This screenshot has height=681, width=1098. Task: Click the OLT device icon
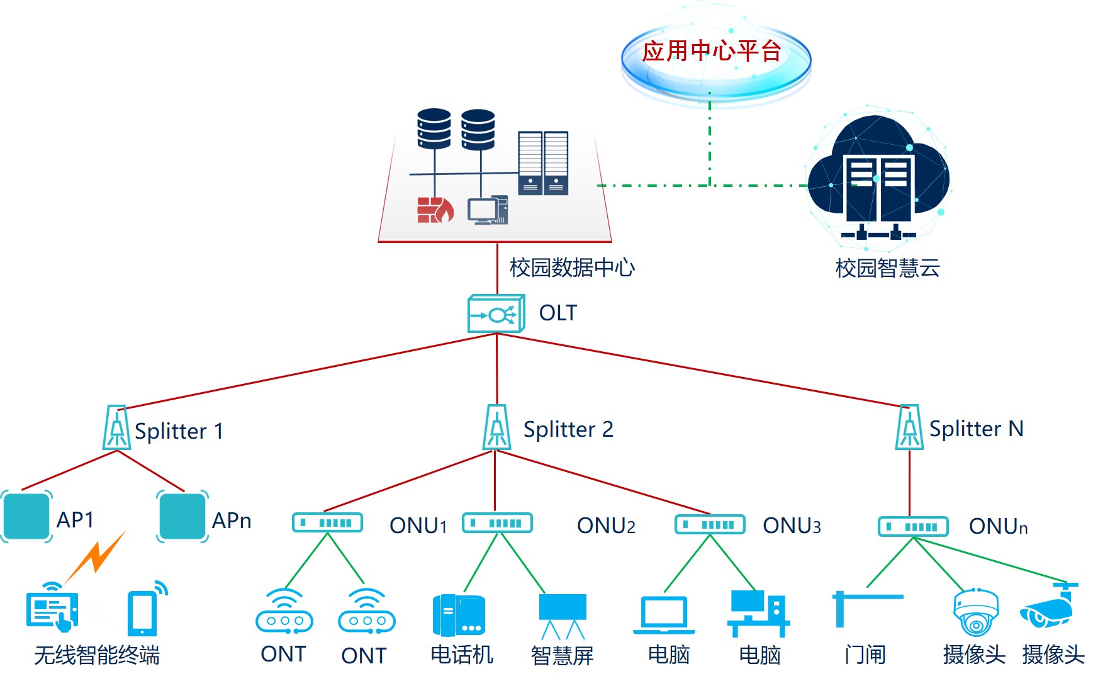pyautogui.click(x=496, y=313)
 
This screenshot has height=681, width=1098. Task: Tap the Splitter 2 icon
pyautogui.click(x=496, y=427)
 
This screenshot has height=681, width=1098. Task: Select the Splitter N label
pyautogui.click(x=976, y=429)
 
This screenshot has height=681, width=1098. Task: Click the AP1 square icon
pyautogui.click(x=26, y=517)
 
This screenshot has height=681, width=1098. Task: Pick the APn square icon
pyautogui.click(x=182, y=517)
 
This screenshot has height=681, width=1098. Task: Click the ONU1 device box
pyautogui.click(x=327, y=523)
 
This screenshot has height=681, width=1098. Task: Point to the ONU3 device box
pyautogui.click(x=710, y=524)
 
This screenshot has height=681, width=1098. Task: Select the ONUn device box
pyautogui.click(x=913, y=526)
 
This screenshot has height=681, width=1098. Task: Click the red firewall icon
pyautogui.click(x=435, y=210)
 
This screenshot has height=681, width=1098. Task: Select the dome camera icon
pyautogui.click(x=975, y=612)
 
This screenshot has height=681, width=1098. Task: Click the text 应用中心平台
pyautogui.click(x=712, y=51)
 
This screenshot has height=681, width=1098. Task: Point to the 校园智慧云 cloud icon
pyautogui.click(x=878, y=177)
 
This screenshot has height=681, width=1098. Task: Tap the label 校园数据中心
pyautogui.click(x=572, y=267)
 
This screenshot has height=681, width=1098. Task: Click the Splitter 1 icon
pyautogui.click(x=117, y=428)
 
